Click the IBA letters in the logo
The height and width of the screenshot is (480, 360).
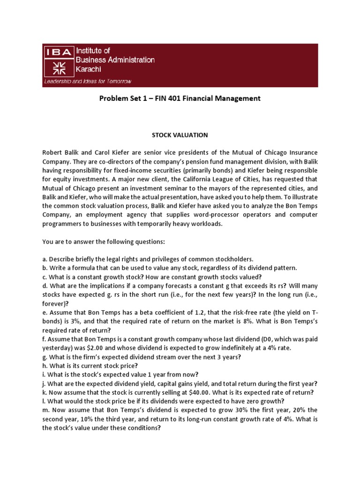click(x=59, y=52)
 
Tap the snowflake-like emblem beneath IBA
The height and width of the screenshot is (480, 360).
click(x=59, y=67)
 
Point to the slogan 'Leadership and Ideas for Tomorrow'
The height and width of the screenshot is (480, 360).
click(x=88, y=81)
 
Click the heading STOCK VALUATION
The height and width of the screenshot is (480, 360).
click(x=180, y=135)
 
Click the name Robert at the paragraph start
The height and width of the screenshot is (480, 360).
click(x=52, y=153)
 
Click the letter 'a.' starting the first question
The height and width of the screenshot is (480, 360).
click(x=45, y=259)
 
